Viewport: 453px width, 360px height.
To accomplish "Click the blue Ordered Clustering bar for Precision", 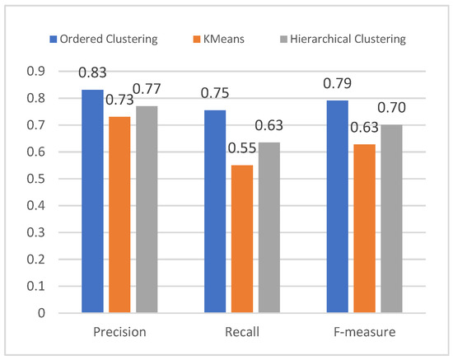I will point(93,201).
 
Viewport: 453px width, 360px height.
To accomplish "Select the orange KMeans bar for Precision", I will point(119,214).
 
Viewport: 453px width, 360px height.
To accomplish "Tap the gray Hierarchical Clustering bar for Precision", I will point(147,209).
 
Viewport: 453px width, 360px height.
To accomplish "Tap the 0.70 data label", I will point(392,108).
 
